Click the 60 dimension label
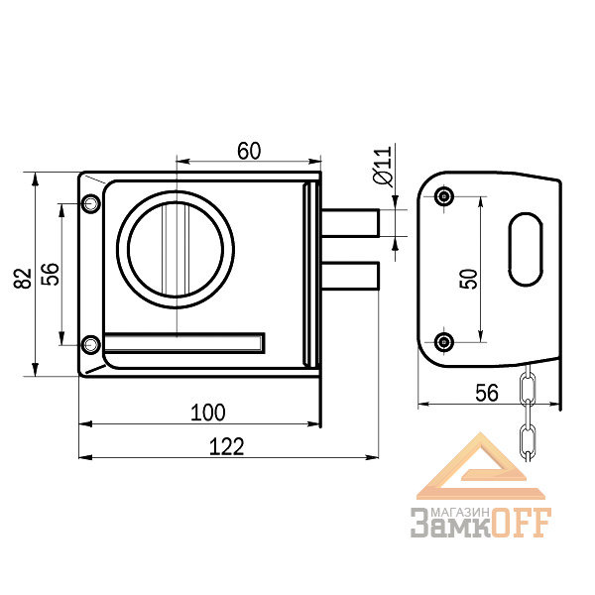(249, 151)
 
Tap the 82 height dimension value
(23, 278)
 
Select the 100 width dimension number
(207, 413)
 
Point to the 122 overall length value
(226, 446)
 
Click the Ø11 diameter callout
(383, 166)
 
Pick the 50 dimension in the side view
(468, 279)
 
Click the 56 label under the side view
(487, 393)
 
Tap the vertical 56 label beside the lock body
(51, 274)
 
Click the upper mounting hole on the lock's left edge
(90, 203)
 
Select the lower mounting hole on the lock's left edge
(90, 345)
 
